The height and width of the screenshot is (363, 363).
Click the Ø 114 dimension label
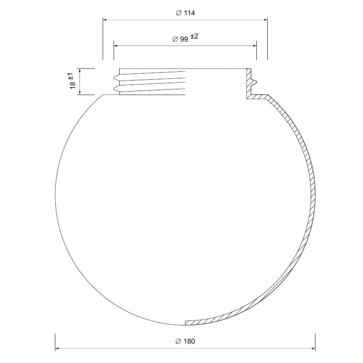tap(185, 13)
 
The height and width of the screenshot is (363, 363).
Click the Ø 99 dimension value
tap(180, 39)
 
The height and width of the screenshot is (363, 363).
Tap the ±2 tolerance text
tap(194, 36)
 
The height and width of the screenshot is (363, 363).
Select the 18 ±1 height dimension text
tap(72, 81)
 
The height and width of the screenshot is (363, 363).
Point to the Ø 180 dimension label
tap(185, 341)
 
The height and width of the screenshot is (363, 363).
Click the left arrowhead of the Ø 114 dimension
tap(105, 20)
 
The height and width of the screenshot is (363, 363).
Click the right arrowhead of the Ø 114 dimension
tap(265, 20)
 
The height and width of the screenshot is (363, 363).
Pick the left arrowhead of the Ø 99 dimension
tap(116, 46)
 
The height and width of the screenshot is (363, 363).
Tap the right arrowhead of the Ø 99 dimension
tap(255, 46)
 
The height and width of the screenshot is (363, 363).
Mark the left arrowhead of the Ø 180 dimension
tap(57, 348)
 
